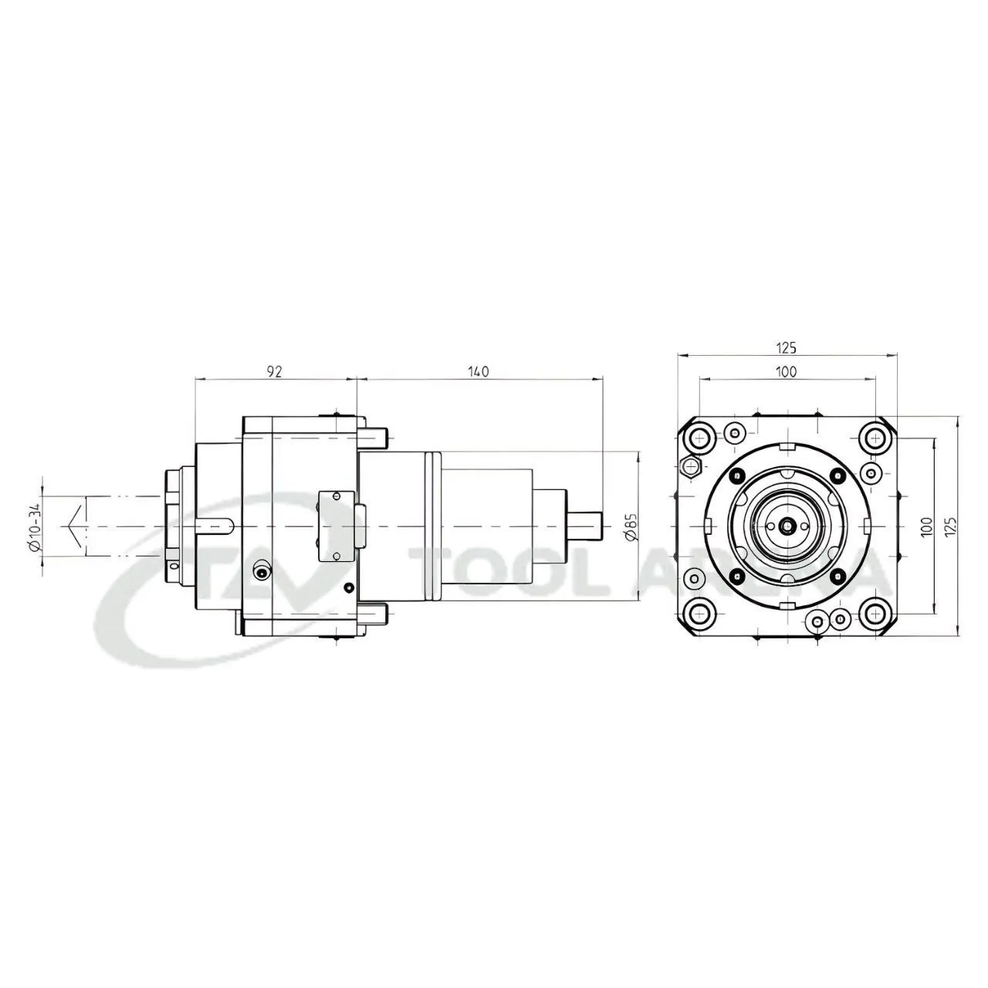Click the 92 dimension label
[275, 372]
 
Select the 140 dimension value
[478, 372]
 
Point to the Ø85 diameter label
[631, 526]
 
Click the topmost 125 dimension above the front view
[786, 348]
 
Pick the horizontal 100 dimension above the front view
[786, 372]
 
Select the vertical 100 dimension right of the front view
[925, 526]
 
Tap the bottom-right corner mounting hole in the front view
[874, 613]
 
